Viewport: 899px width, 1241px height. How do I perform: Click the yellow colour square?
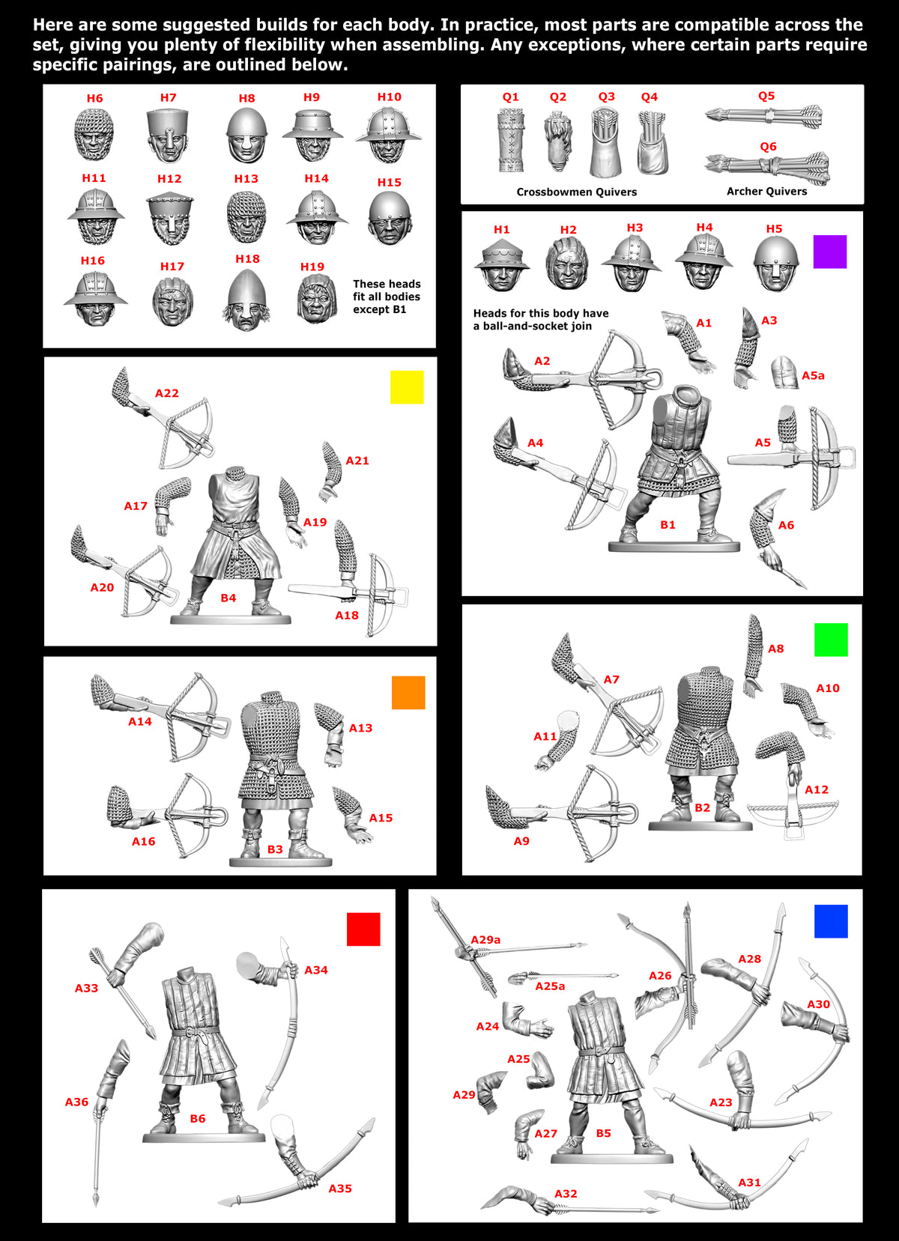pyautogui.click(x=407, y=387)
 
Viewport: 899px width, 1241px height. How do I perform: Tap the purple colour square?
pyautogui.click(x=830, y=252)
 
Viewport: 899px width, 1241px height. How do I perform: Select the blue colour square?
pyautogui.click(x=831, y=921)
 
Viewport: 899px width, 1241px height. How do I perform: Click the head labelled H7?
pyautogui.click(x=168, y=136)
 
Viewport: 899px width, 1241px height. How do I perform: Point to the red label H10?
pyautogui.click(x=389, y=97)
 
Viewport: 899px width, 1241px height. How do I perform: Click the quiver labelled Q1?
pyautogui.click(x=511, y=140)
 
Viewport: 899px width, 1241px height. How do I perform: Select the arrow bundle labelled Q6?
pyautogui.click(x=766, y=167)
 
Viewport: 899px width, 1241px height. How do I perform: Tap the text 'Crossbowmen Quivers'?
pyautogui.click(x=576, y=192)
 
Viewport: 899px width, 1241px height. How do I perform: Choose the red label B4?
pyautogui.click(x=228, y=598)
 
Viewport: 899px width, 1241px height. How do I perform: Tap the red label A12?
pyautogui.click(x=817, y=789)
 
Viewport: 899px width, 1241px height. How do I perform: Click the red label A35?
pyautogui.click(x=339, y=1188)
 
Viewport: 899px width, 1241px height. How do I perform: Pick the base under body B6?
pyautogui.click(x=204, y=1137)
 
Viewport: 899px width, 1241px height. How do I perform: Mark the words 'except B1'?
pyautogui.click(x=379, y=309)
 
